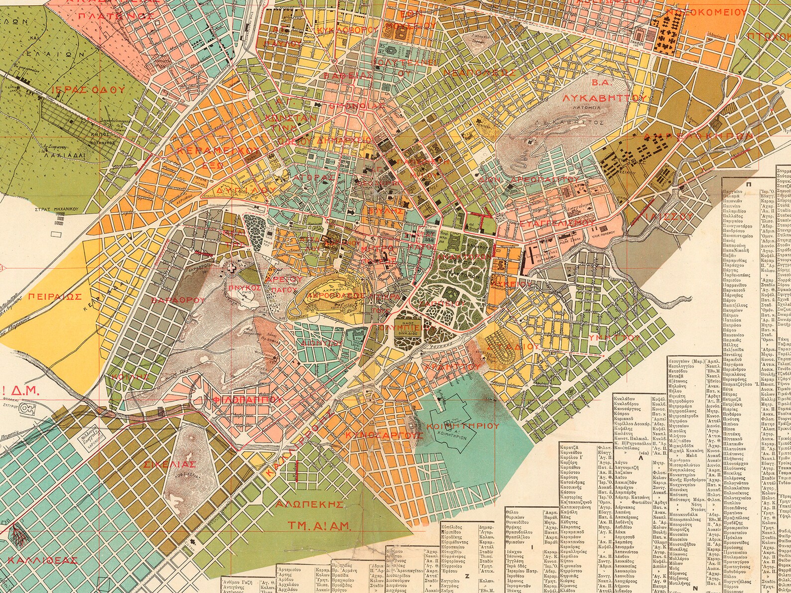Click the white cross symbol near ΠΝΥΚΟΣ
[231, 268]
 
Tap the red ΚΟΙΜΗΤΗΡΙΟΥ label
[467, 426]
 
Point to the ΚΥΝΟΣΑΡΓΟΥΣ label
[383, 435]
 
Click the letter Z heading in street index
[467, 576]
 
